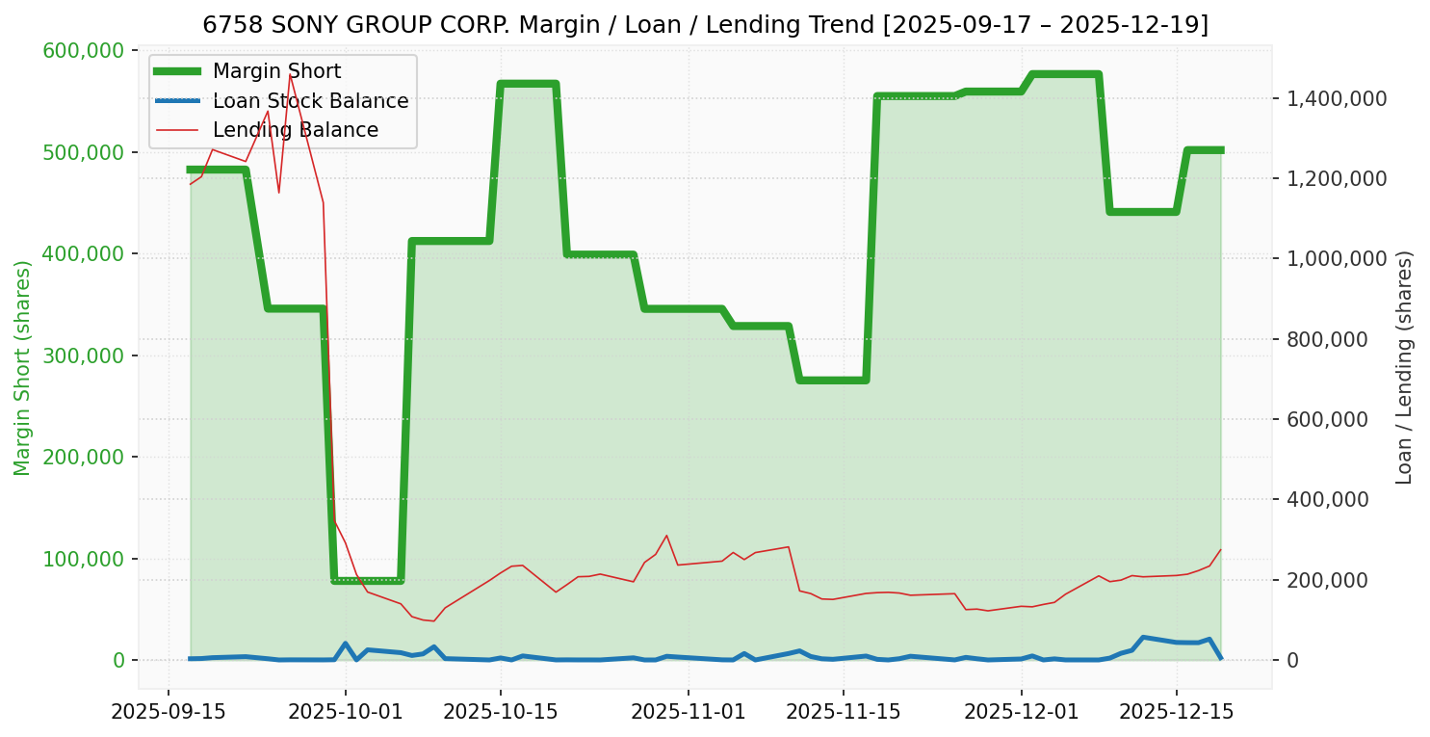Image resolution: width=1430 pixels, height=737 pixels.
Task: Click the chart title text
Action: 705,24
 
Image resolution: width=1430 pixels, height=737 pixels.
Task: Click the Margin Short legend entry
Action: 276,71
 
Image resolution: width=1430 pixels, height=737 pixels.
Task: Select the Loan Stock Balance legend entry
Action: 310,101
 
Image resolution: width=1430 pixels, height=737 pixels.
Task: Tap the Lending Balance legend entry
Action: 295,130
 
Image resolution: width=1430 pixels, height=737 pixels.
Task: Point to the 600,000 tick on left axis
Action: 86,51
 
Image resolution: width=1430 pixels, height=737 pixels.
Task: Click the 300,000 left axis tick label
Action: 86,356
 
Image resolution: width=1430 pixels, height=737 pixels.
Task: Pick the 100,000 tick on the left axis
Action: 86,560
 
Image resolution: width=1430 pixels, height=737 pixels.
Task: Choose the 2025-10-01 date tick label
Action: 346,712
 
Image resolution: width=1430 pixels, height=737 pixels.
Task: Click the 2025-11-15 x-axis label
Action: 844,712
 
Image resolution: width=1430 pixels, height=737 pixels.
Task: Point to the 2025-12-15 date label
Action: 1176,712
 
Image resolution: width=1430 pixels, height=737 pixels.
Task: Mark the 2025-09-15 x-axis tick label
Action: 169,712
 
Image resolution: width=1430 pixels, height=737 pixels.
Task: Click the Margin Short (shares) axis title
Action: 22,368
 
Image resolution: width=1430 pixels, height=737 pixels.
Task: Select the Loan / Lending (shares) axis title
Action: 1403,368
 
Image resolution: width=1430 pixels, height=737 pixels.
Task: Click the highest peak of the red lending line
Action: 290,75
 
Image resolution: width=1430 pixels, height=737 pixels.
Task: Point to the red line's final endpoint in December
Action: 1220,550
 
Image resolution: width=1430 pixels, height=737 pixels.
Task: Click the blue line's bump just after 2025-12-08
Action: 1143,637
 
